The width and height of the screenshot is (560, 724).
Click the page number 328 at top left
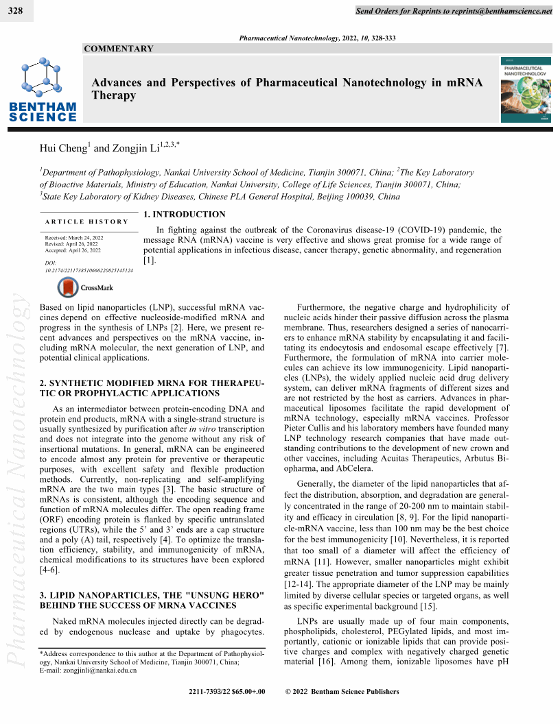pos(15,11)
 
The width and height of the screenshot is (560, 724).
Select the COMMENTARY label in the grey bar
pos(118,49)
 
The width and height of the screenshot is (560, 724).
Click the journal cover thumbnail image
pos(525,90)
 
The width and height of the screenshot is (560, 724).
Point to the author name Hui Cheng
pos(65,147)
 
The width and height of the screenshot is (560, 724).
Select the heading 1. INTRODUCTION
pos(184,215)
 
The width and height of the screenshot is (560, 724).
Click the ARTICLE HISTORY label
pos(86,221)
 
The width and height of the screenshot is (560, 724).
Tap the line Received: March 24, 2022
pos(74,237)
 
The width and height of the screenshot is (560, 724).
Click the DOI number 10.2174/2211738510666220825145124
pos(89,270)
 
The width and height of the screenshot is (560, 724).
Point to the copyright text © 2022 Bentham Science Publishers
pos(342,692)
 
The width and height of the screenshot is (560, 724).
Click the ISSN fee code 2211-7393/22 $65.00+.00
pos(226,692)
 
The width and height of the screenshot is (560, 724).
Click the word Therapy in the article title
pos(114,95)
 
